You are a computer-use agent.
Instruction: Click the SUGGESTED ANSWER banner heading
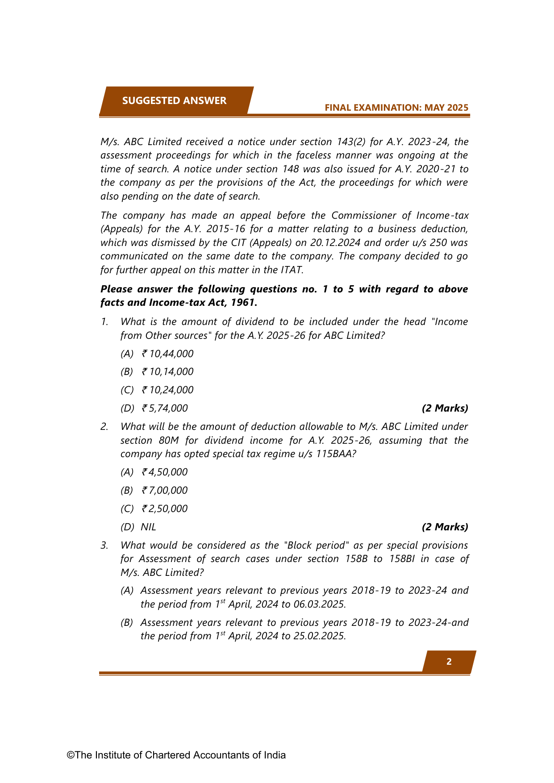point(174,101)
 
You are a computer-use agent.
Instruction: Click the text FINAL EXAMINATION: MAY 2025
point(396,108)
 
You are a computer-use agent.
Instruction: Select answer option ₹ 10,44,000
point(167,354)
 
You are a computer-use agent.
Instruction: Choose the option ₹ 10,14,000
point(167,372)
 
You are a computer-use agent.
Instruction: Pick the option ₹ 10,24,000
point(167,390)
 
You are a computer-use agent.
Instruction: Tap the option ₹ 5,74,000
point(165,408)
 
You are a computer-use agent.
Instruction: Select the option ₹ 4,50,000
point(165,472)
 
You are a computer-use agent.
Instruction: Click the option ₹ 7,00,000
point(165,491)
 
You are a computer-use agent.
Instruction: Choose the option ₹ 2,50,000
point(165,509)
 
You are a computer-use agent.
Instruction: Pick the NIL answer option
point(148,527)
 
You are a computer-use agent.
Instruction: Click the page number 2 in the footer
point(449,662)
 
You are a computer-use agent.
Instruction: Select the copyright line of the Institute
point(176,755)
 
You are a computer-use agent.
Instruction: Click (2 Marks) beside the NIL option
point(445,527)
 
